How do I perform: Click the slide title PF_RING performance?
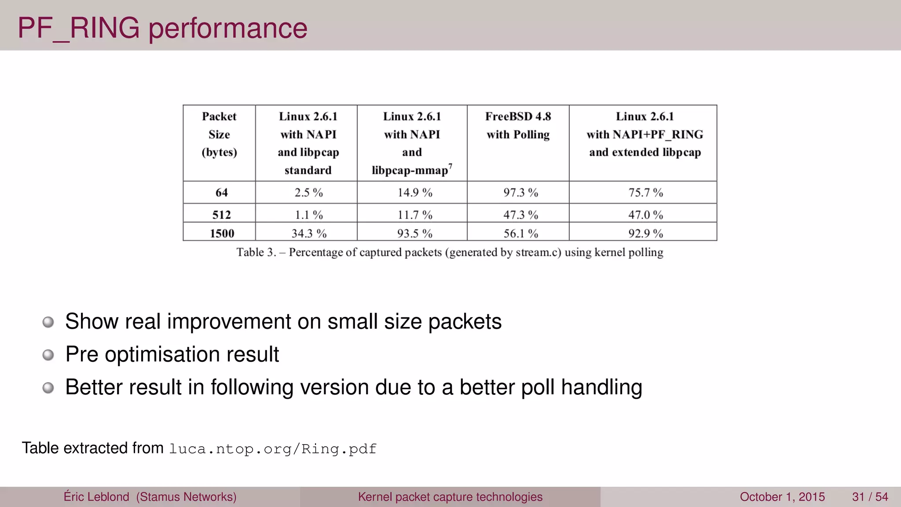click(162, 28)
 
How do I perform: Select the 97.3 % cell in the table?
click(520, 192)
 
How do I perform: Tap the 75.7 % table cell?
click(645, 192)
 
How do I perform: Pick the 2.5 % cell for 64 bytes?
click(308, 192)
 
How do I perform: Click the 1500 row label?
click(222, 233)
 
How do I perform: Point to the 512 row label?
click(221, 215)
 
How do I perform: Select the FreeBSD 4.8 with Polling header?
click(518, 125)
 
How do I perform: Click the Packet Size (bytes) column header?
click(219, 134)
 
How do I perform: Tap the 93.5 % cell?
click(414, 233)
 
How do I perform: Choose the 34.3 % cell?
click(309, 233)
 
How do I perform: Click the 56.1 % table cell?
click(520, 233)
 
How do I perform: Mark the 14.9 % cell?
click(414, 192)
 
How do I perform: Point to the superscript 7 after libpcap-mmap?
click(450, 166)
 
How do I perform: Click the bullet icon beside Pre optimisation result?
click(48, 355)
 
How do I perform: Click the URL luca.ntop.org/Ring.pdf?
click(273, 449)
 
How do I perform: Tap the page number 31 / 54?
click(870, 497)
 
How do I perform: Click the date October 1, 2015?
click(782, 497)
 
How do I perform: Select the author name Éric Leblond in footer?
click(96, 497)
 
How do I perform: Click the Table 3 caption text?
click(450, 252)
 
